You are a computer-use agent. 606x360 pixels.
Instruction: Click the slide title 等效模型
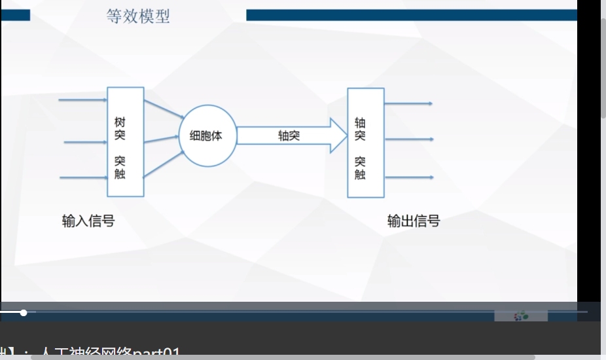tap(138, 16)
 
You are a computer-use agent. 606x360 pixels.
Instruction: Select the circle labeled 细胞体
tap(206, 136)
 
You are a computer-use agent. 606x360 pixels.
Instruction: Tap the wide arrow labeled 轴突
tap(291, 135)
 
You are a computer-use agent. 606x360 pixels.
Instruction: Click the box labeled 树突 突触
tap(125, 141)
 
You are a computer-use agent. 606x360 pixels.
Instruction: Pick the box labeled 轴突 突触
tap(365, 143)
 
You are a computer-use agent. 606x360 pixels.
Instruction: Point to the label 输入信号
tap(88, 221)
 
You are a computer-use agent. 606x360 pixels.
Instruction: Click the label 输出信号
tap(414, 221)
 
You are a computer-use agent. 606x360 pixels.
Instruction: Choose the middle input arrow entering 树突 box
tap(86, 141)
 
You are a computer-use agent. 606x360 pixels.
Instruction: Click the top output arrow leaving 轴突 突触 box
tap(408, 103)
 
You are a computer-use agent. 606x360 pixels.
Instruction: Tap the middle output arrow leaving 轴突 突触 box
tap(408, 139)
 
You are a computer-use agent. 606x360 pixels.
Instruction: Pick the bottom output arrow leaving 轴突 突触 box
tap(408, 177)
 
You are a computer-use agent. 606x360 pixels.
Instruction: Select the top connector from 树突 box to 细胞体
tap(164, 109)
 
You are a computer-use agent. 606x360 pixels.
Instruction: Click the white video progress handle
tap(24, 313)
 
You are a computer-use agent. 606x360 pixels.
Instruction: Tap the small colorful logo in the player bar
tap(521, 316)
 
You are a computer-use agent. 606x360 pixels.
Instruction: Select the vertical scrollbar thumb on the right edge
tap(603, 65)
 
